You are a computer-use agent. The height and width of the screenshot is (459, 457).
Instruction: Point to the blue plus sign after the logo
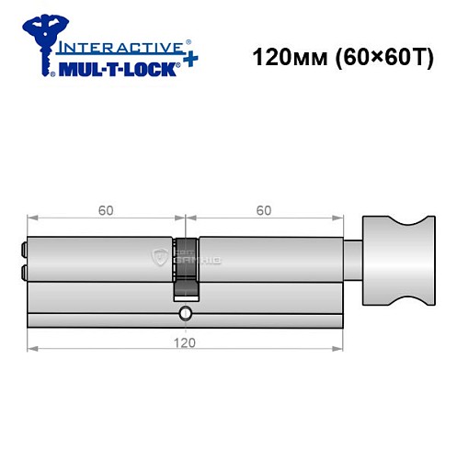(190, 58)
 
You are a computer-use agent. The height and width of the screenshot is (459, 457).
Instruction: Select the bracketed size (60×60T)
(377, 57)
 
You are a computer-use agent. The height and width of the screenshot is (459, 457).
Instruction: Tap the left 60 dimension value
(106, 210)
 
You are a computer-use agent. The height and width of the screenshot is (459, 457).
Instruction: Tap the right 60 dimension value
(263, 210)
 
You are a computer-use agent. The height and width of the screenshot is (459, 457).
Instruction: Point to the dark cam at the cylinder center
(187, 266)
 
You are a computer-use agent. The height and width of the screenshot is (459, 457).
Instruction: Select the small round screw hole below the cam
(187, 314)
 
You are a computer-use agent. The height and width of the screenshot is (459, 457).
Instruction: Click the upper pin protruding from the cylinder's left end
(23, 248)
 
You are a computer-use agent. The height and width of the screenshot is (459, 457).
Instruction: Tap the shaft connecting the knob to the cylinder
(353, 259)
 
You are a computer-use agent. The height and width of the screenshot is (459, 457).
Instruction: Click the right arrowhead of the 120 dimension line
(338, 349)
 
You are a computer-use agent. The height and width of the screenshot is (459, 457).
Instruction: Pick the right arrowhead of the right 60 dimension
(338, 218)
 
